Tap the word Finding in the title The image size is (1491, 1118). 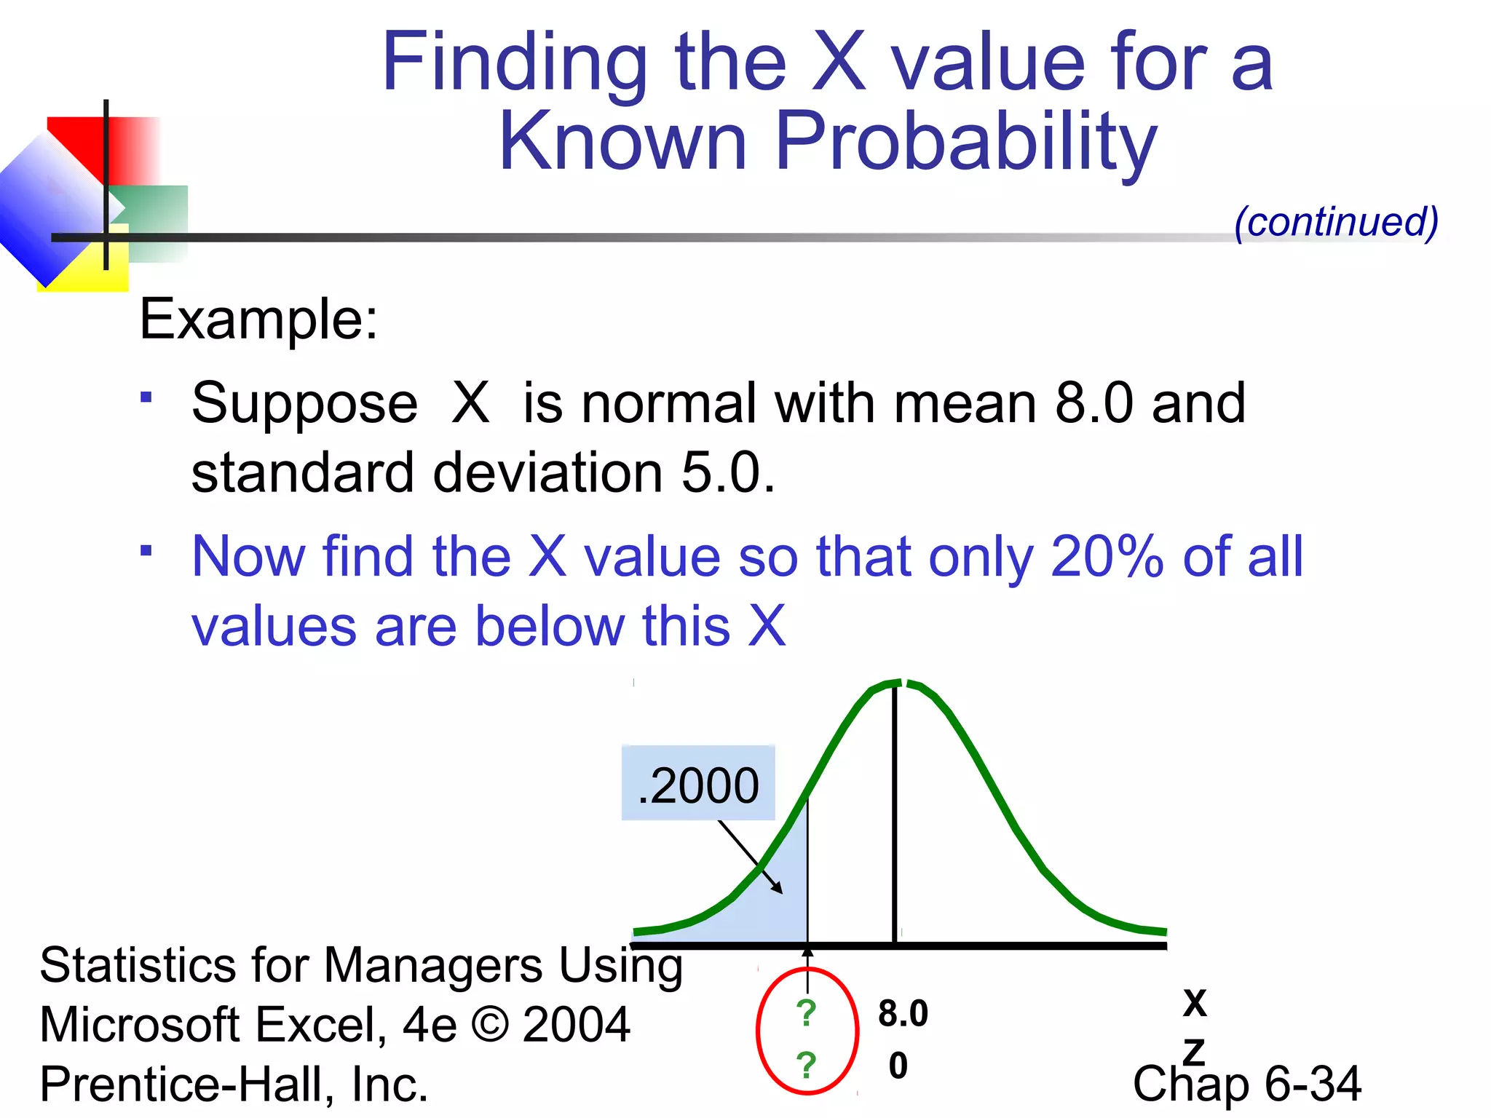[x=514, y=64]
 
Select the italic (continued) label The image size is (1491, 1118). [x=1336, y=222]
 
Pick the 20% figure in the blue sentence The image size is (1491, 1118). [x=1107, y=557]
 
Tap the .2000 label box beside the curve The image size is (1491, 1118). [x=697, y=784]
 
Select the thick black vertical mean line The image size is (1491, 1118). [x=895, y=815]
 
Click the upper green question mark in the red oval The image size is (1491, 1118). [x=806, y=1012]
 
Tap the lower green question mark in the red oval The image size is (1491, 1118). [x=806, y=1065]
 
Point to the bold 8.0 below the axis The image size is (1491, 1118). [x=903, y=1013]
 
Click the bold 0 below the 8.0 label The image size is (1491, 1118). [x=898, y=1066]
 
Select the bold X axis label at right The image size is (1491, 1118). [x=1194, y=1003]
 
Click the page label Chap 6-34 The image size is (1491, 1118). [x=1246, y=1084]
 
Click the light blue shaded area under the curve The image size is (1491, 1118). [x=772, y=910]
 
